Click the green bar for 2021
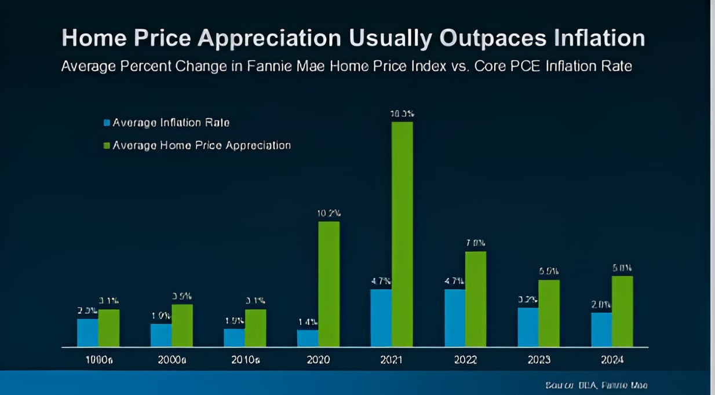click(x=402, y=234)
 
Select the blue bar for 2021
click(x=381, y=318)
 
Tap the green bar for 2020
click(x=329, y=284)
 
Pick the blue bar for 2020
click(x=308, y=338)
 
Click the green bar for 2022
click(x=476, y=299)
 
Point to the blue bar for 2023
click(x=528, y=327)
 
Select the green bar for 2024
click(x=622, y=311)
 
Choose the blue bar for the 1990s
click(x=87, y=332)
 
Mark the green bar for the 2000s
click(x=182, y=325)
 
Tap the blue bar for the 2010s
click(x=234, y=338)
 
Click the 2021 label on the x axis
click(x=392, y=360)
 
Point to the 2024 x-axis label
click(x=612, y=360)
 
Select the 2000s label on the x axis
click(x=172, y=360)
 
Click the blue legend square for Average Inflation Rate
click(x=107, y=123)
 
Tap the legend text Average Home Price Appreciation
click(x=202, y=145)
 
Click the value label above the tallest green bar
click(x=402, y=114)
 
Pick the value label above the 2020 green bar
click(x=329, y=213)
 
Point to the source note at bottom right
click(x=596, y=385)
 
